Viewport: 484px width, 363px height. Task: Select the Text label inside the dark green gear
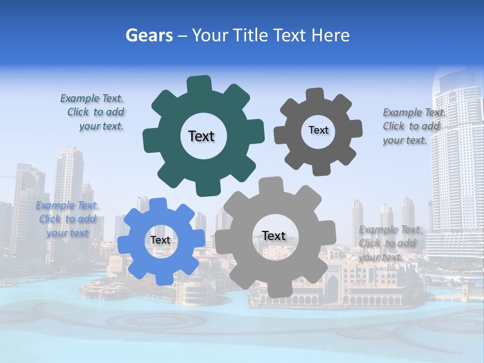click(201, 136)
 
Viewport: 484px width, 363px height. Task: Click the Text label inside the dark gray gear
click(318, 130)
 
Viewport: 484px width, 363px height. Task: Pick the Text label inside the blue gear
click(160, 240)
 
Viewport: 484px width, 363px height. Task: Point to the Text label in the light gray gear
click(274, 235)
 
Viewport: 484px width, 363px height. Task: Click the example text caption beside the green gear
click(93, 112)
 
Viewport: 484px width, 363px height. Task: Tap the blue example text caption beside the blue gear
click(67, 219)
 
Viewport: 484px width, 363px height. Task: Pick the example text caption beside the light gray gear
click(389, 243)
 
